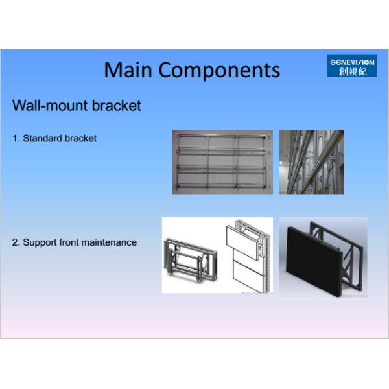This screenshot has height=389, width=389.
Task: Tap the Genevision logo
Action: (x=351, y=66)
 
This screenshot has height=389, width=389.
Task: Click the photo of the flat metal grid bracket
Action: (x=222, y=162)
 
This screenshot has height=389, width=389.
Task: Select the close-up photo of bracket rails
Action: (x=311, y=162)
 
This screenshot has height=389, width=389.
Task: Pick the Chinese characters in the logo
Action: (x=351, y=71)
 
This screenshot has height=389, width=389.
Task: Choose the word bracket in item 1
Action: (x=80, y=138)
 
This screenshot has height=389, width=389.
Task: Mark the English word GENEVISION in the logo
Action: (x=351, y=62)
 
